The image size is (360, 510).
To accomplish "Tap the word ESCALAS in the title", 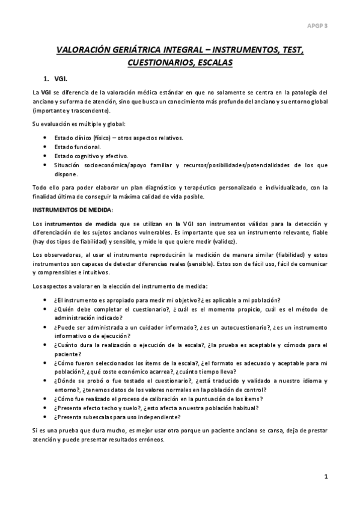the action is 215,63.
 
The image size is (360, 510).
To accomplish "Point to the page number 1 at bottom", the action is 325,478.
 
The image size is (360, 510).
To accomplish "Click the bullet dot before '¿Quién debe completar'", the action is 47,309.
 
